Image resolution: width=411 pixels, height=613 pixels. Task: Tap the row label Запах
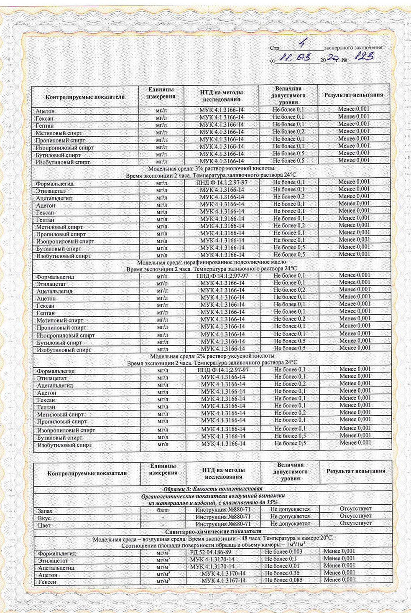45,511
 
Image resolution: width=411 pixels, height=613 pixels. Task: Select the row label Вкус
44,518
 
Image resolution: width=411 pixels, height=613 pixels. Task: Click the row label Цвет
44,525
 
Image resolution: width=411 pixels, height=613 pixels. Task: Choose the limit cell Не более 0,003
284,552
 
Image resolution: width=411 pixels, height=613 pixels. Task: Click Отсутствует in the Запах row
355,509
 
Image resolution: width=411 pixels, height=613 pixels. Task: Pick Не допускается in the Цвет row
290,524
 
